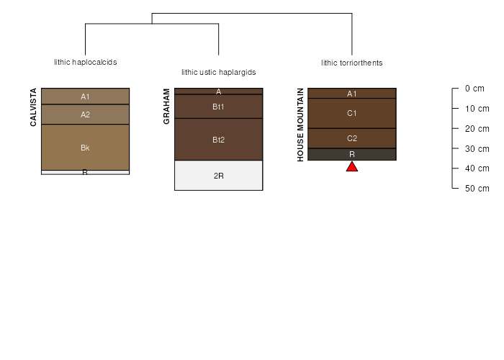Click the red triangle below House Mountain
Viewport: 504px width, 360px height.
coord(352,167)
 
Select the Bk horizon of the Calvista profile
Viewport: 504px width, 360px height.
coord(85,147)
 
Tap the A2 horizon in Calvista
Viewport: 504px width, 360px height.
coord(85,114)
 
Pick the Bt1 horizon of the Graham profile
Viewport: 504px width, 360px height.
coord(219,107)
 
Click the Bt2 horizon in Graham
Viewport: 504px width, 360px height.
coord(219,140)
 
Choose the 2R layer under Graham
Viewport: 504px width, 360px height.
coord(219,176)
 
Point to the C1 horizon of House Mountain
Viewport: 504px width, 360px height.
coord(352,113)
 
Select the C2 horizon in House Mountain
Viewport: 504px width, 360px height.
coord(352,138)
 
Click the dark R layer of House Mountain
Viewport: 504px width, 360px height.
coord(352,154)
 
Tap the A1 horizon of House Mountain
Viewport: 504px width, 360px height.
coord(352,93)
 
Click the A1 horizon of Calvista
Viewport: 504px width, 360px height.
coord(85,96)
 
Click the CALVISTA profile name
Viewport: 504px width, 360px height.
coord(33,107)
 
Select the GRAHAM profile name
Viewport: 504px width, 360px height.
coord(166,107)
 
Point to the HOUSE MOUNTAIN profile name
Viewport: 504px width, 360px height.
coord(300,125)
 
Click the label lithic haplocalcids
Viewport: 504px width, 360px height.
coord(86,62)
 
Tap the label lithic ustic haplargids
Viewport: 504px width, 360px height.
coord(219,72)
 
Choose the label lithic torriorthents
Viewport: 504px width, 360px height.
coord(352,63)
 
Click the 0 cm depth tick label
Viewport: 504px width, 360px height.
coord(474,89)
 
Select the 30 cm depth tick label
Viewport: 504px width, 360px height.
coord(477,149)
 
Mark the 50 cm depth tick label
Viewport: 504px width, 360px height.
coord(477,189)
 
